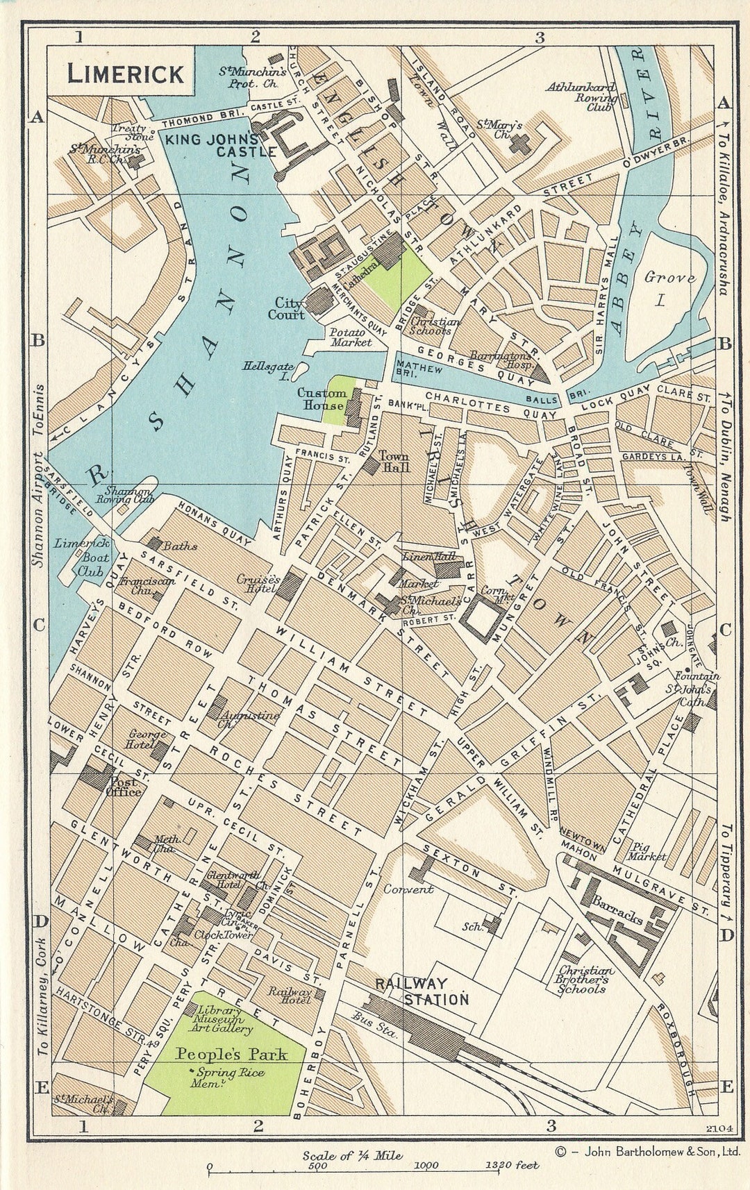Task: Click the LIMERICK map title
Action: pyautogui.click(x=126, y=74)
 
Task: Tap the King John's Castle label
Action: pyautogui.click(x=212, y=145)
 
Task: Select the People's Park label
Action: pyautogui.click(x=231, y=1055)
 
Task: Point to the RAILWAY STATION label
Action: pyautogui.click(x=422, y=991)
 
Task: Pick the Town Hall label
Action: pyautogui.click(x=394, y=462)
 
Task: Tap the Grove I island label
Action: pyautogui.click(x=669, y=288)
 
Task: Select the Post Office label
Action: pyautogui.click(x=123, y=786)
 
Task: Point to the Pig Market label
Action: pyautogui.click(x=647, y=852)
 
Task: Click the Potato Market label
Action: pyautogui.click(x=351, y=337)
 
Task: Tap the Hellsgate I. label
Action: pyautogui.click(x=267, y=371)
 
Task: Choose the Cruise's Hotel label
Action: pyautogui.click(x=258, y=583)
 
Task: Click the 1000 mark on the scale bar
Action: pyautogui.click(x=426, y=1166)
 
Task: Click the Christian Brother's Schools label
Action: pyautogui.click(x=587, y=980)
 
